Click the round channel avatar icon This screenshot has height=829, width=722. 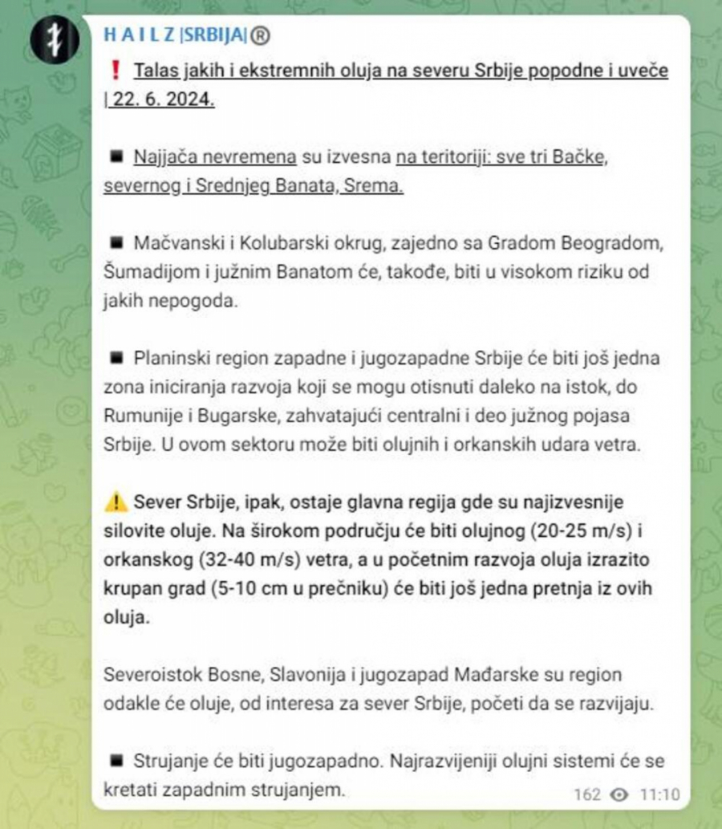tap(55, 41)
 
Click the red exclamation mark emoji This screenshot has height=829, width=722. tap(116, 71)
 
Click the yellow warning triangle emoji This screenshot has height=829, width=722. tap(116, 503)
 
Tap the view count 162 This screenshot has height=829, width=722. tap(587, 794)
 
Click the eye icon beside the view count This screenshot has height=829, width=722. tap(619, 794)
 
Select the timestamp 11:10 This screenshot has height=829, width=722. tap(659, 794)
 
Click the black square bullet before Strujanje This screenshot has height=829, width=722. tap(116, 762)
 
